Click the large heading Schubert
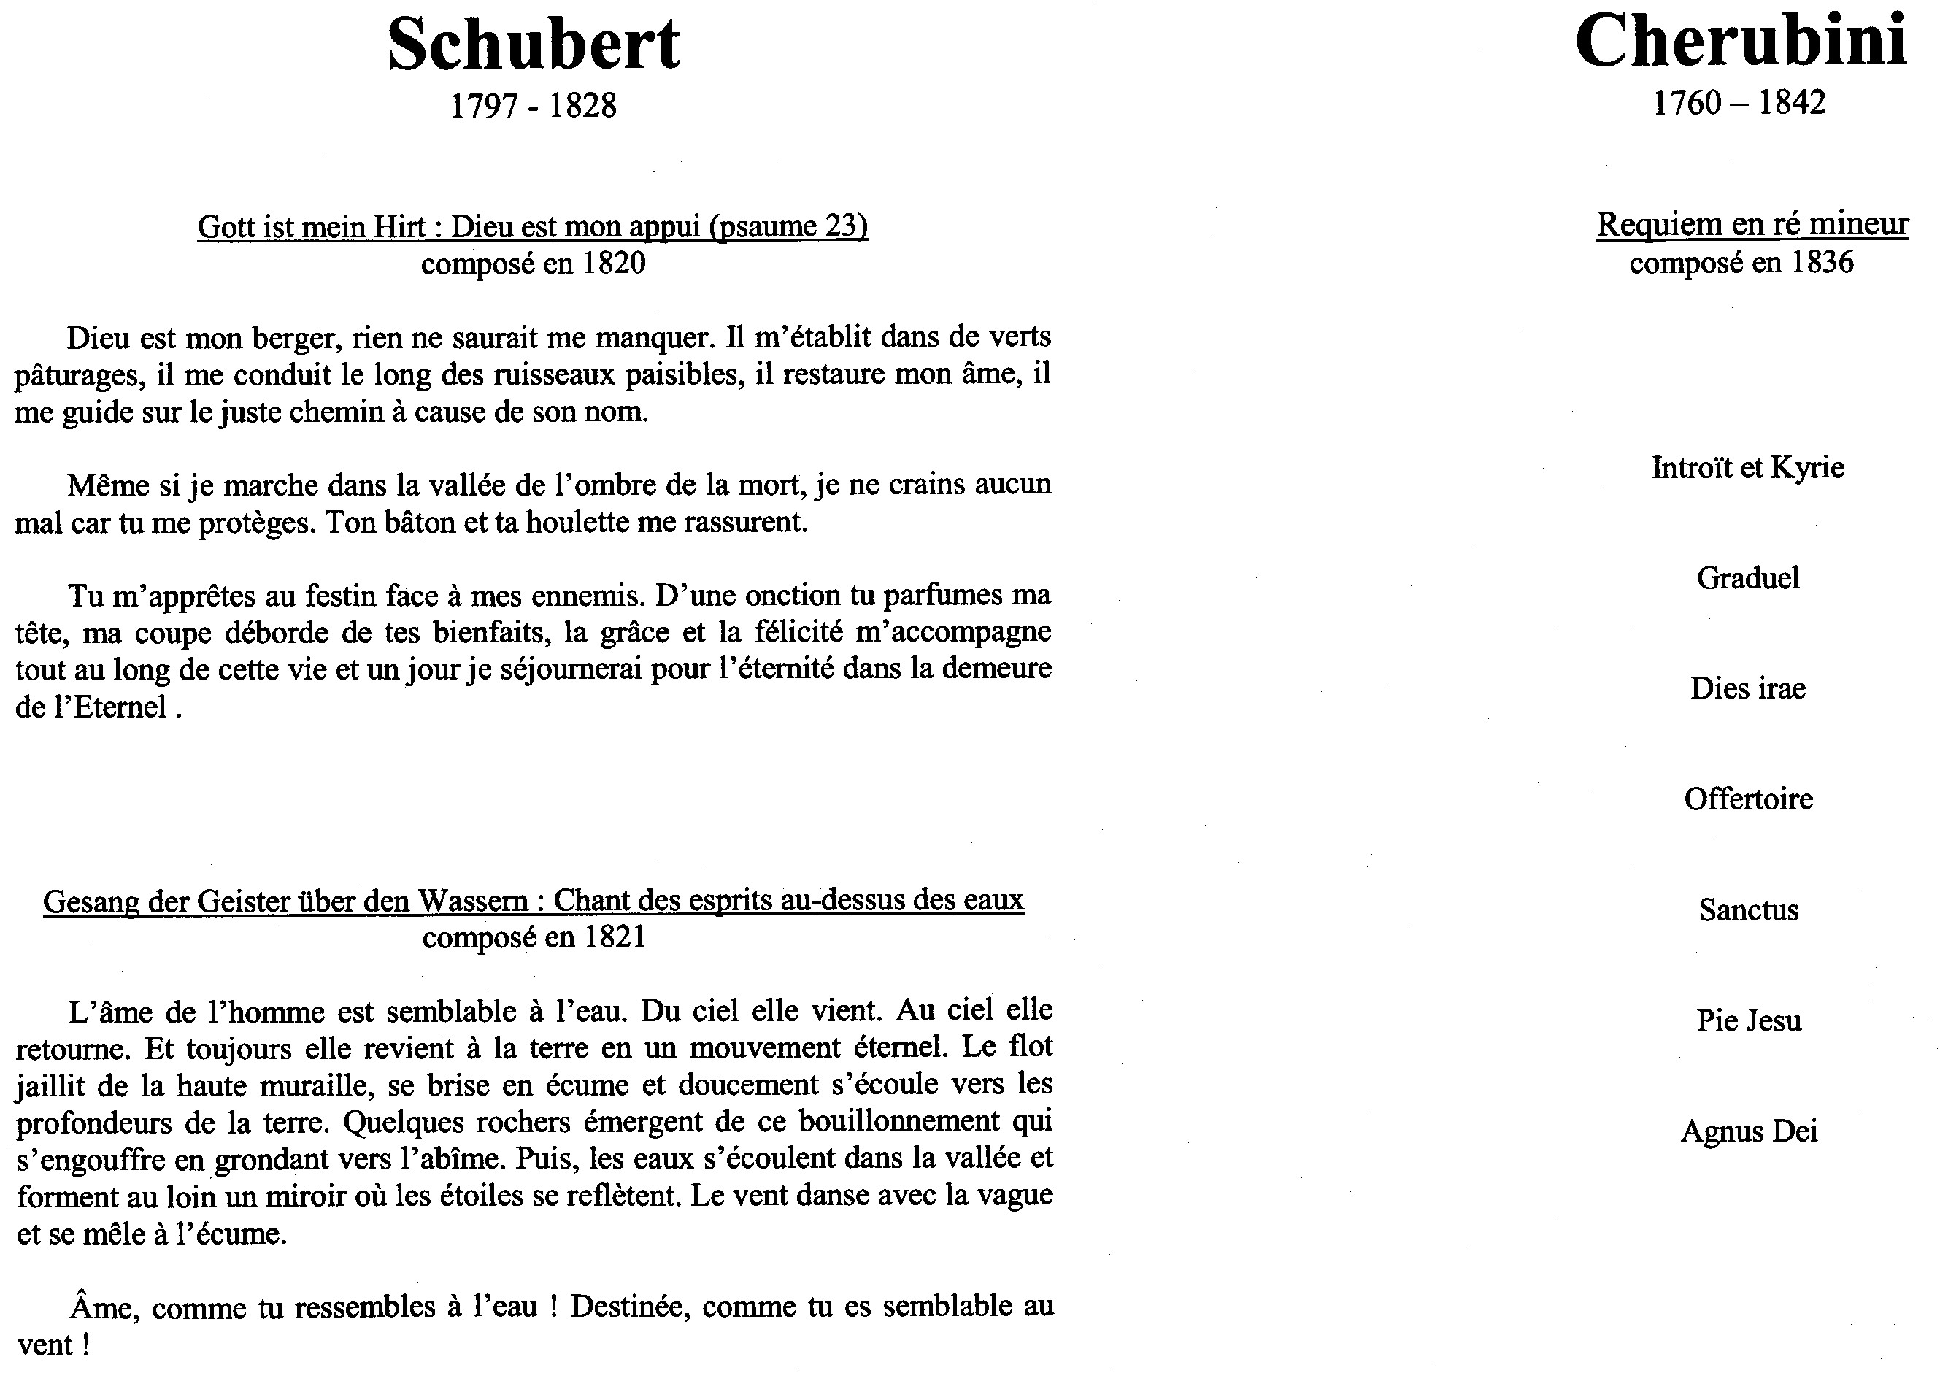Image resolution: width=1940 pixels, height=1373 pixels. (x=534, y=44)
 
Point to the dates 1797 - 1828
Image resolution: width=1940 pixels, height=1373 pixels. (x=534, y=106)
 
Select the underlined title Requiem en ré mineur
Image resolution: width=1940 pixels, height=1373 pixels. (x=1752, y=224)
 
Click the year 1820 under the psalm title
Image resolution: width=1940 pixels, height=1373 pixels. (x=614, y=264)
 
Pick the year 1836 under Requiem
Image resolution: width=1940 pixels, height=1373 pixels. (x=1822, y=262)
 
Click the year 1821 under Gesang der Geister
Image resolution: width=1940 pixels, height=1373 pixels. (x=614, y=937)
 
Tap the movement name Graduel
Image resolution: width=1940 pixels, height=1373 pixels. (x=1747, y=578)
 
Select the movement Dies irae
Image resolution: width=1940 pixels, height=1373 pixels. (x=1747, y=688)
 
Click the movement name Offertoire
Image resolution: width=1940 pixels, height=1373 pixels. (x=1748, y=799)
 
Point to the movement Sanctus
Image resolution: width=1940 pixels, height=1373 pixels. (x=1748, y=909)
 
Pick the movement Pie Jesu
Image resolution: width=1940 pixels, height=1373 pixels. (x=1748, y=1020)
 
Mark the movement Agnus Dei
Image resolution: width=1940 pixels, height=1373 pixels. (x=1748, y=1131)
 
